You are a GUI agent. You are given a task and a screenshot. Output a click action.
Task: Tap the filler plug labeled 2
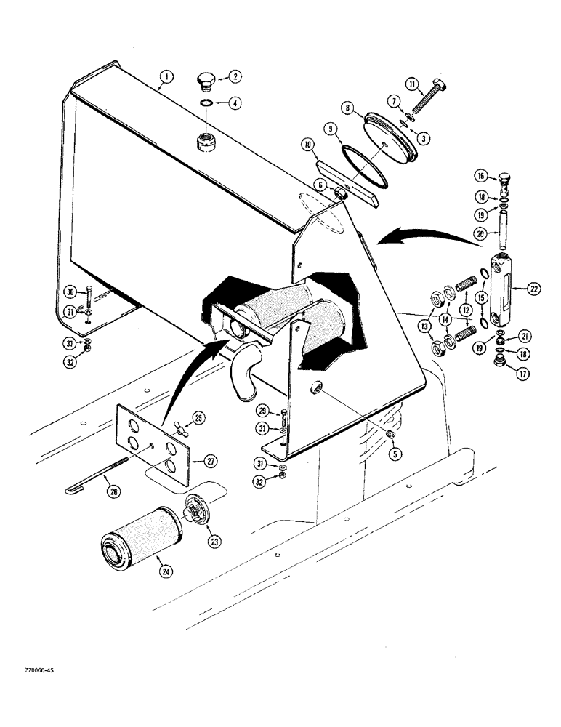click(x=206, y=80)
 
